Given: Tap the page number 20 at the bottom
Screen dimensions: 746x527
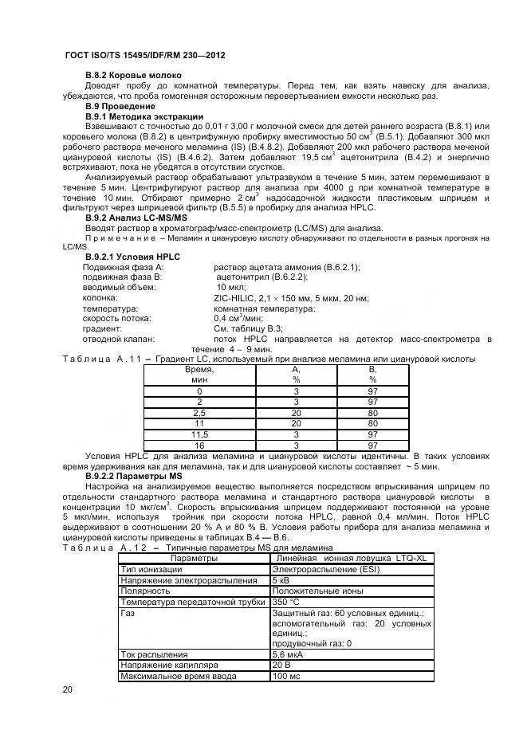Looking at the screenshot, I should [x=68, y=689].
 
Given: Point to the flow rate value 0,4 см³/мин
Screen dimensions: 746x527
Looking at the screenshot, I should [x=240, y=318].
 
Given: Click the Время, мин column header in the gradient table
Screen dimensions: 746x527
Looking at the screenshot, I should [x=199, y=375].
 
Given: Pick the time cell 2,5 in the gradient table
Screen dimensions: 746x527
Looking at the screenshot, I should [x=199, y=414].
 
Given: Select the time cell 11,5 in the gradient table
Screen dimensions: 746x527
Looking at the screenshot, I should [x=199, y=434].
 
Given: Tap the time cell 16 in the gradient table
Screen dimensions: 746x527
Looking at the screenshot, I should [x=199, y=445].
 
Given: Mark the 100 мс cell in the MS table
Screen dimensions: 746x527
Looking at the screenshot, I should [x=285, y=677].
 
